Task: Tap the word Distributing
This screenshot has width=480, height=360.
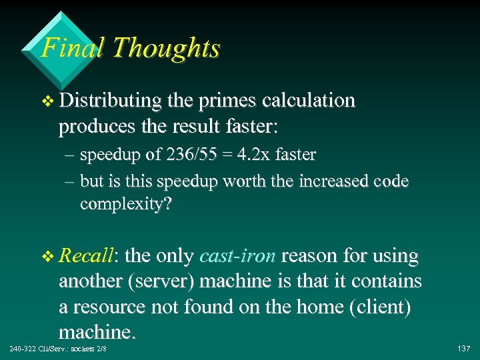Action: tap(110, 101)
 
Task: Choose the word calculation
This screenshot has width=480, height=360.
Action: tap(309, 101)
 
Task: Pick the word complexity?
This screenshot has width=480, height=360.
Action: tap(125, 204)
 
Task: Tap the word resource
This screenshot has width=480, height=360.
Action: tap(114, 307)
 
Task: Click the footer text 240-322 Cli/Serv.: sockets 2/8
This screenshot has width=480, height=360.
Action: tap(58, 349)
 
